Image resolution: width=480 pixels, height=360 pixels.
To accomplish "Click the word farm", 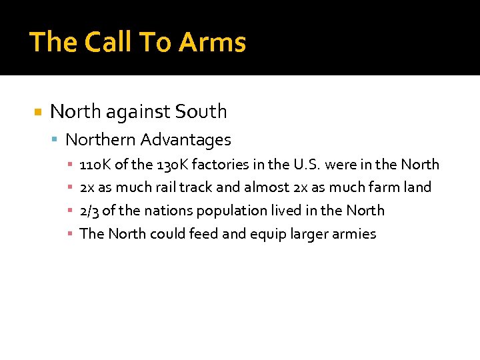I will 381,187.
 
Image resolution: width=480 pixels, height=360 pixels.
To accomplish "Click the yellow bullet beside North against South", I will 38,112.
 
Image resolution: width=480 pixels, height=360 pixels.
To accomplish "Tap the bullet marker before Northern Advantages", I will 55,141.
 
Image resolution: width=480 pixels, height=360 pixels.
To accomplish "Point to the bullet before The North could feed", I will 70,234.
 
